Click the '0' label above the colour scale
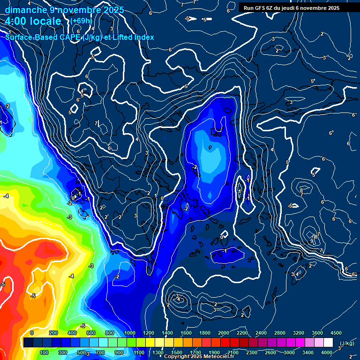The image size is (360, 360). tap(32, 333)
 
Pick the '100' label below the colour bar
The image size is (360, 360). tap(44, 352)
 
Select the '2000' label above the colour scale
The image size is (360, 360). tap(223, 333)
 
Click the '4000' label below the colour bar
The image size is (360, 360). tap(327, 352)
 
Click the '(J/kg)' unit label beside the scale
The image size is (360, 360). tap(346, 343)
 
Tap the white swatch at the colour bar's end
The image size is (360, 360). tap(328, 343)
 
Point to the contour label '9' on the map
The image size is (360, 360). tap(312, 241)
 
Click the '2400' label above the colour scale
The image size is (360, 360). tap(261, 333)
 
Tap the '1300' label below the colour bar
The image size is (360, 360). tap(157, 352)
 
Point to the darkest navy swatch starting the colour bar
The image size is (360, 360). tap(28, 343)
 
